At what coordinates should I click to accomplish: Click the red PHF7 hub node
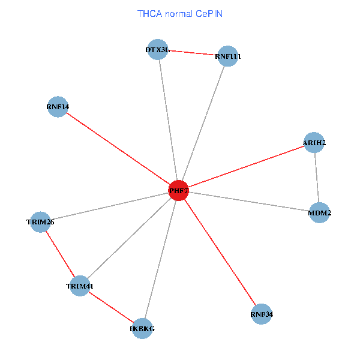178,190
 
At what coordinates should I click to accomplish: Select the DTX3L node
158,49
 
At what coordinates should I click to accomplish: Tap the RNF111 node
228,56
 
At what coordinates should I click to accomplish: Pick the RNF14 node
58,107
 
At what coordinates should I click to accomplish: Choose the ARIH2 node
314,143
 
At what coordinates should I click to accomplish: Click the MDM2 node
320,212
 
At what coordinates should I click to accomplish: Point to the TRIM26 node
40,222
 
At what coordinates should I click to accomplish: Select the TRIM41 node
80,286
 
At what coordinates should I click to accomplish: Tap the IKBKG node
142,328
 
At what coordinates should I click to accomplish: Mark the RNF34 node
262,314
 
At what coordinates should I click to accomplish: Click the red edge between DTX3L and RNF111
193,53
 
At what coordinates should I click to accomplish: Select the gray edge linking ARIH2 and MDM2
317,178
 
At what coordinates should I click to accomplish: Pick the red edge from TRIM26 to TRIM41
60,254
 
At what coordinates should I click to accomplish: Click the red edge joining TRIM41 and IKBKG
111,307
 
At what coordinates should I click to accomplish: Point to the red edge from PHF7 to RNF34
220,252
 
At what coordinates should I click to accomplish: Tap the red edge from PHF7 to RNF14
118,149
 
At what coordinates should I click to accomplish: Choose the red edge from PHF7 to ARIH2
246,167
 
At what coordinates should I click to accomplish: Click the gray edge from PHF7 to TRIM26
109,206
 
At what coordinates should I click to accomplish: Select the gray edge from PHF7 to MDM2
249,202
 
